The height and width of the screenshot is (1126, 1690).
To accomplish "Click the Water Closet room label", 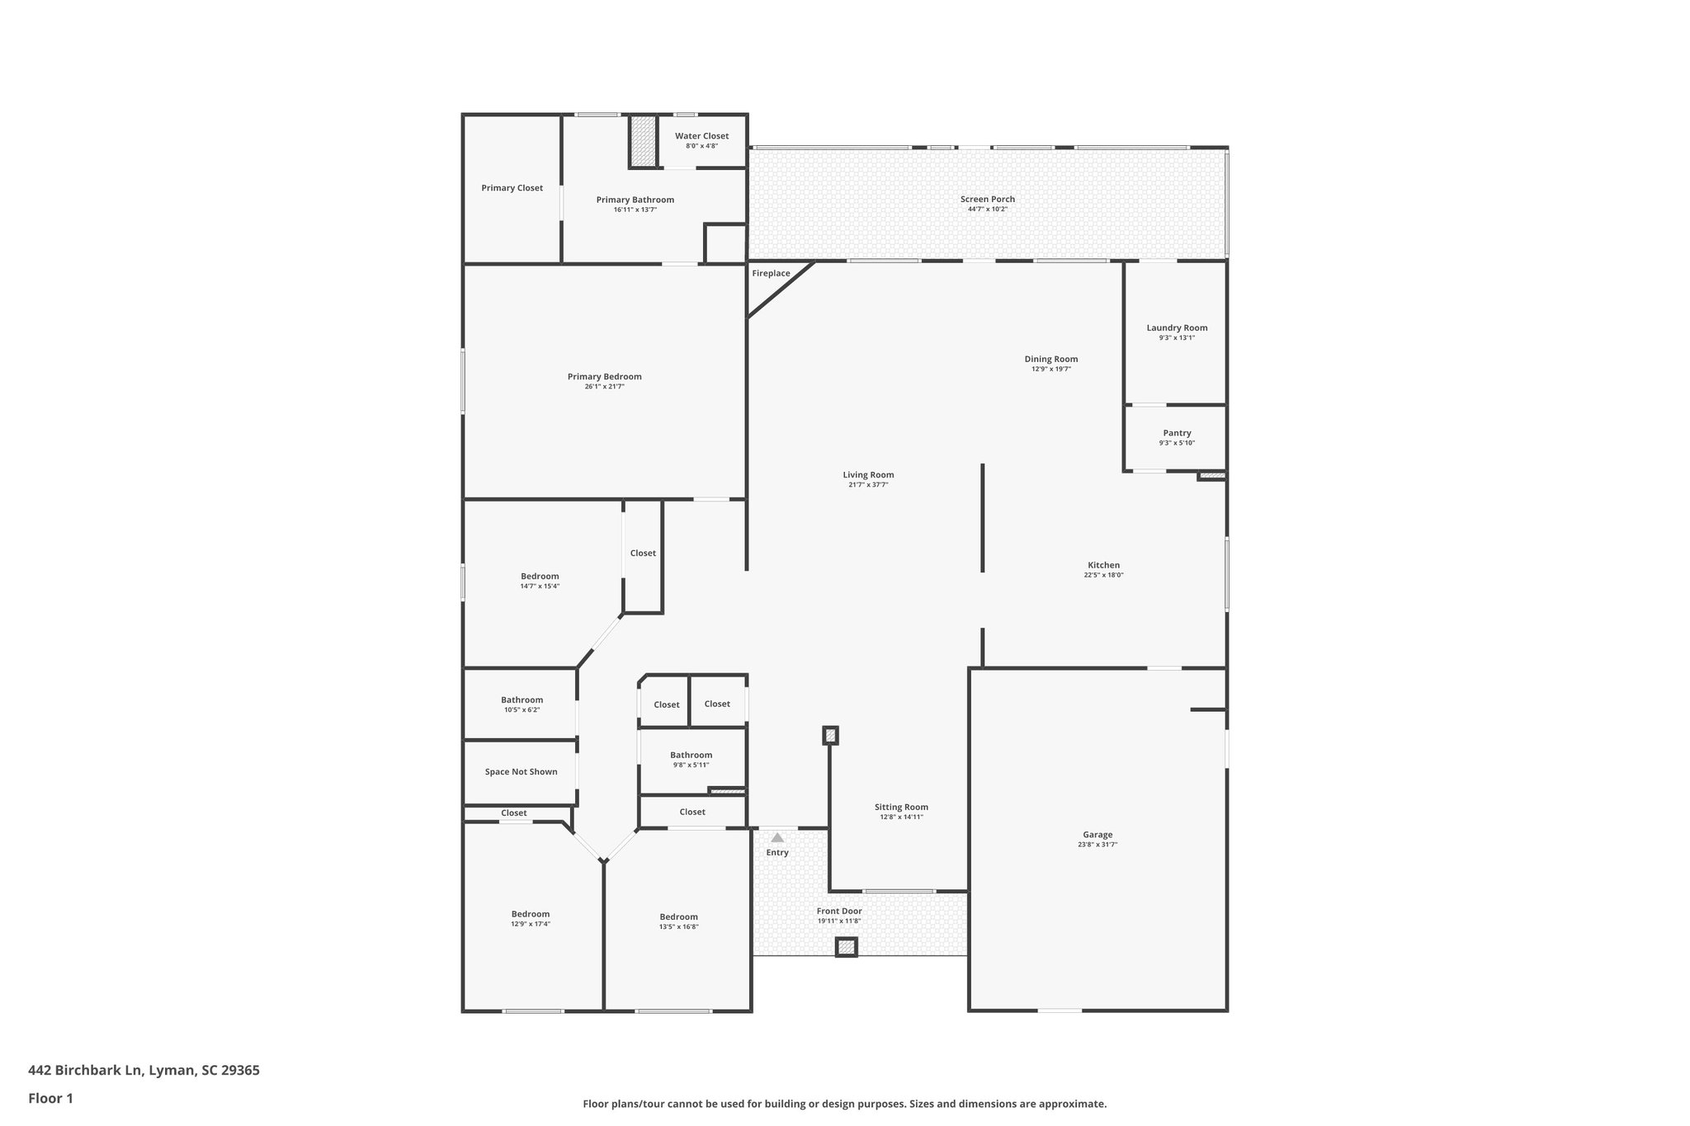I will [701, 136].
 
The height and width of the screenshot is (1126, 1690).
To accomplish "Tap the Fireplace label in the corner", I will [771, 273].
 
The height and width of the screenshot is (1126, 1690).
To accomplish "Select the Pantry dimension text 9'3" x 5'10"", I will [1176, 443].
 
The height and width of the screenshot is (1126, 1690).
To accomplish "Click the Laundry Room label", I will [1177, 327].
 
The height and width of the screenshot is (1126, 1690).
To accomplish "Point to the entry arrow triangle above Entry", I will [777, 837].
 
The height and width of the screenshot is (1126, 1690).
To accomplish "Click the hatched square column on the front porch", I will [847, 947].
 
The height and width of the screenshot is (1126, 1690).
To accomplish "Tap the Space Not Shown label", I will [521, 772].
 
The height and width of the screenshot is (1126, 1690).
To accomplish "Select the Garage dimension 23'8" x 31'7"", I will [1097, 845].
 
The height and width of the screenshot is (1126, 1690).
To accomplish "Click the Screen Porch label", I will [987, 199].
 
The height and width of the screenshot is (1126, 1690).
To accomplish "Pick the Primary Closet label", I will [512, 188].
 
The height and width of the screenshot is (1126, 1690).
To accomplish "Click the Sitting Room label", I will [901, 807].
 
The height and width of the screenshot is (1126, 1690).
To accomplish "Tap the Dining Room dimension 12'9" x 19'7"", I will [1050, 369].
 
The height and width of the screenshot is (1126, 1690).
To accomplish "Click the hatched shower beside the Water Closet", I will [643, 140].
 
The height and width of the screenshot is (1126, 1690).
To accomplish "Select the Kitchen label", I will [1103, 565].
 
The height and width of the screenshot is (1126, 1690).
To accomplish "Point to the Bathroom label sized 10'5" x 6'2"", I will [522, 700].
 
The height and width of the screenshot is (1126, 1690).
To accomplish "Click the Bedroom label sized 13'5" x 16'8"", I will [678, 916].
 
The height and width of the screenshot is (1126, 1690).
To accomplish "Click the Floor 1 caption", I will [50, 1098].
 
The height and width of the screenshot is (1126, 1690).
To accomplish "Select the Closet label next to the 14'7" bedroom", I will [643, 553].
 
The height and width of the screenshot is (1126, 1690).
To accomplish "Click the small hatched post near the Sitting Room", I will [830, 735].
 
